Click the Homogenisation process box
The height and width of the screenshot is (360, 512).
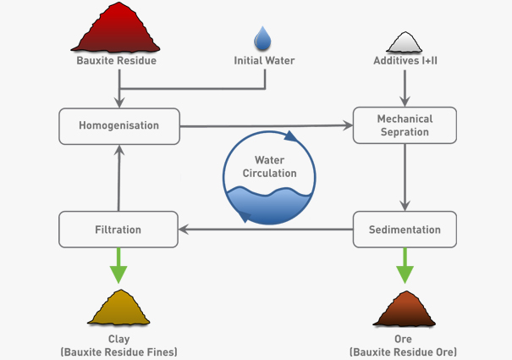pyautogui.click(x=118, y=125)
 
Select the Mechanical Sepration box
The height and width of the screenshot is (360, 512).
pyautogui.click(x=405, y=125)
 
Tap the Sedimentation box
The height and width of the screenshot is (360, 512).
pyautogui.click(x=405, y=230)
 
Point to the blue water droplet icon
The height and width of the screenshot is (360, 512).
pyautogui.click(x=264, y=38)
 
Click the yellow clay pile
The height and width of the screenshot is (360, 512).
pyautogui.click(x=118, y=308)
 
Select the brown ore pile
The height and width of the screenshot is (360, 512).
pyautogui.click(x=405, y=308)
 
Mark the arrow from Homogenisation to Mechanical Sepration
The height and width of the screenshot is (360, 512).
pyautogui.click(x=267, y=126)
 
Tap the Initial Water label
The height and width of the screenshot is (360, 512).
pyautogui.click(x=264, y=61)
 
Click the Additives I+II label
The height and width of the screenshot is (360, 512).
pyautogui.click(x=405, y=61)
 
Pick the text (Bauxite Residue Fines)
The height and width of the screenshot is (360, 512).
pyautogui.click(x=118, y=352)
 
